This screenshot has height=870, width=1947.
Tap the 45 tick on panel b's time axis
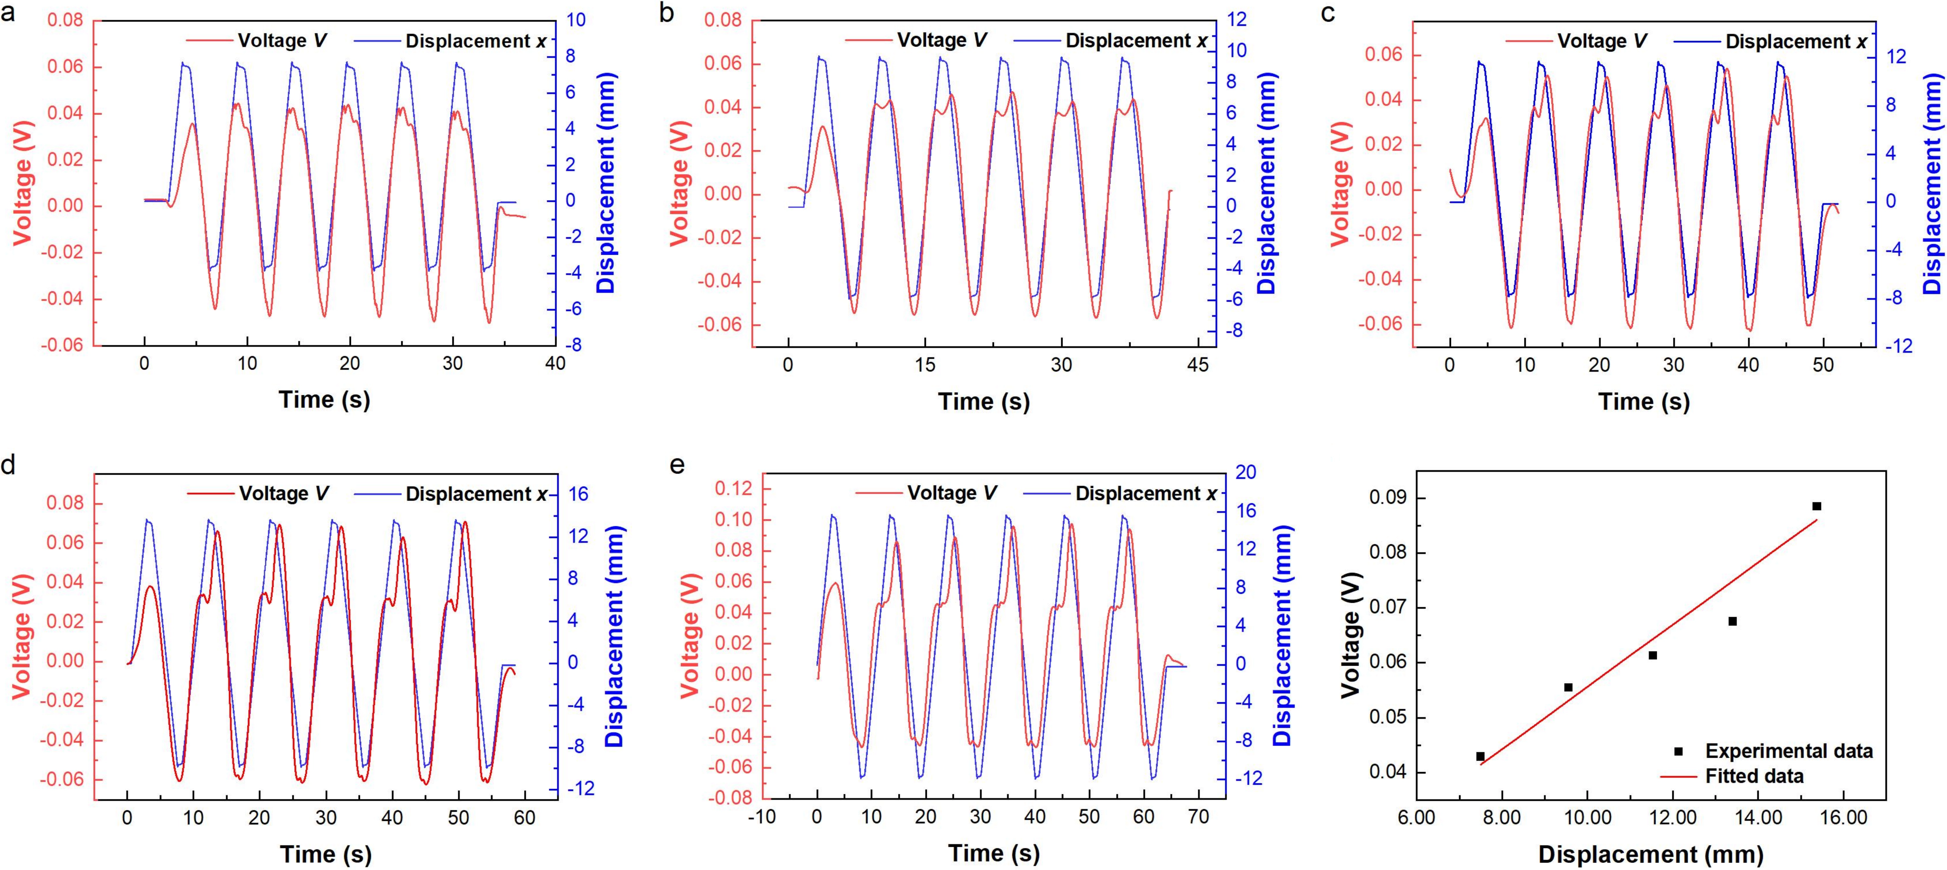tap(1198, 365)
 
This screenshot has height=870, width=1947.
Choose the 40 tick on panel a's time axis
tap(556, 363)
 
